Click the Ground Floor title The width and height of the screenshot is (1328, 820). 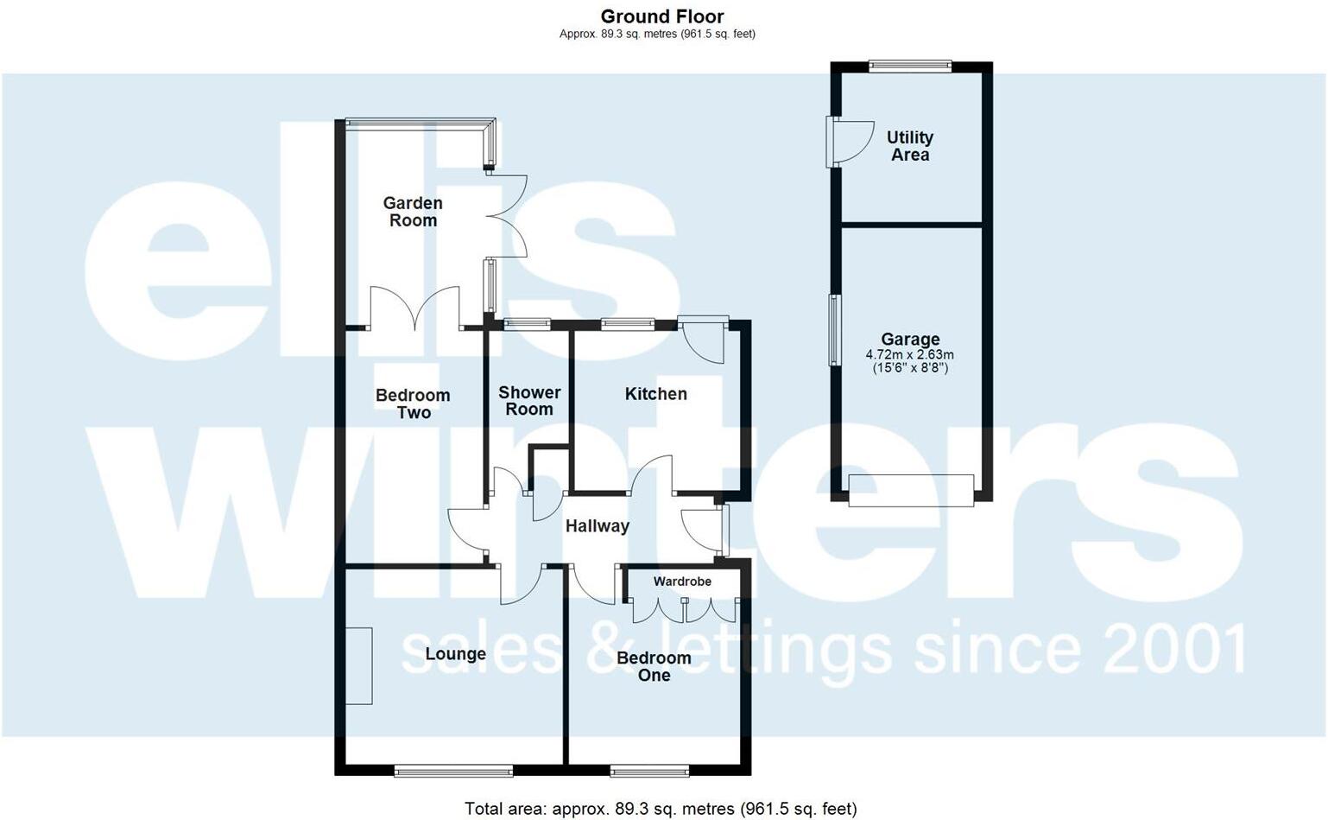tap(661, 16)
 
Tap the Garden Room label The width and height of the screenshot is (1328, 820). tap(413, 212)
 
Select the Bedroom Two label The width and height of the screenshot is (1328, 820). tap(413, 404)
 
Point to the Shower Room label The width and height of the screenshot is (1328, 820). tap(529, 401)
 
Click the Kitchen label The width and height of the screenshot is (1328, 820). tap(655, 394)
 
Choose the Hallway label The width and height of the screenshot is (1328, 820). tap(597, 526)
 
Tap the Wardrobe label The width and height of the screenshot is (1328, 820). tap(682, 582)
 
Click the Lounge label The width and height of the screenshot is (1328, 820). tap(455, 654)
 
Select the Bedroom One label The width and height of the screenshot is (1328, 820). tap(654, 666)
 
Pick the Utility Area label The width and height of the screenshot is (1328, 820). tap(909, 146)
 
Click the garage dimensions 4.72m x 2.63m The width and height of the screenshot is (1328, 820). tap(910, 355)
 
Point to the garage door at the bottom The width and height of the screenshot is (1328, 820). tap(911, 490)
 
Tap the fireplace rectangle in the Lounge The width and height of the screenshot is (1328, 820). tap(359, 665)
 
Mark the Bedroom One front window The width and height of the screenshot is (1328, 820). tap(649, 770)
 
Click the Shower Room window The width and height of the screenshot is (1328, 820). tap(527, 325)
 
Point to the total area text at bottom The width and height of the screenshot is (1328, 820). tap(661, 809)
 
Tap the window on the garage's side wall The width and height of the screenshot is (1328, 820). tap(834, 330)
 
